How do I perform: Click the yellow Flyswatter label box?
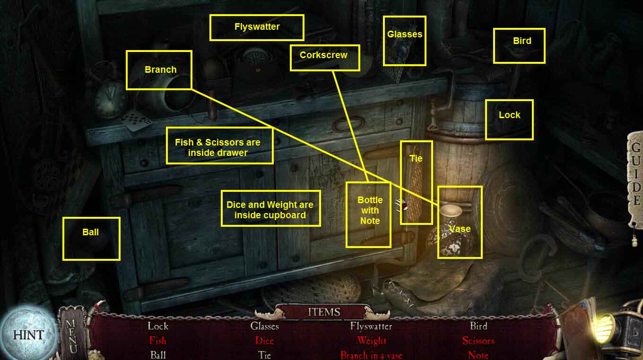click(x=257, y=27)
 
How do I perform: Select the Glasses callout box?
click(x=404, y=41)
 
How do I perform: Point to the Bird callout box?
click(x=519, y=46)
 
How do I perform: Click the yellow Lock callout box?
click(x=509, y=120)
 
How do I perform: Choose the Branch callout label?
click(x=159, y=70)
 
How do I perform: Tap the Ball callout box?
click(x=91, y=239)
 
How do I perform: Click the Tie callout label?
click(x=416, y=182)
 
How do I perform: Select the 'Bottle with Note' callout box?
click(x=369, y=214)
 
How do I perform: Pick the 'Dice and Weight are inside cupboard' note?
click(x=270, y=208)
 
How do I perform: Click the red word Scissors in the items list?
click(x=478, y=341)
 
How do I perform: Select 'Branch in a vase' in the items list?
click(x=371, y=355)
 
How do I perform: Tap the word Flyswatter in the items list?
click(x=371, y=326)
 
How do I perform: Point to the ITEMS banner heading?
click(x=324, y=312)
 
